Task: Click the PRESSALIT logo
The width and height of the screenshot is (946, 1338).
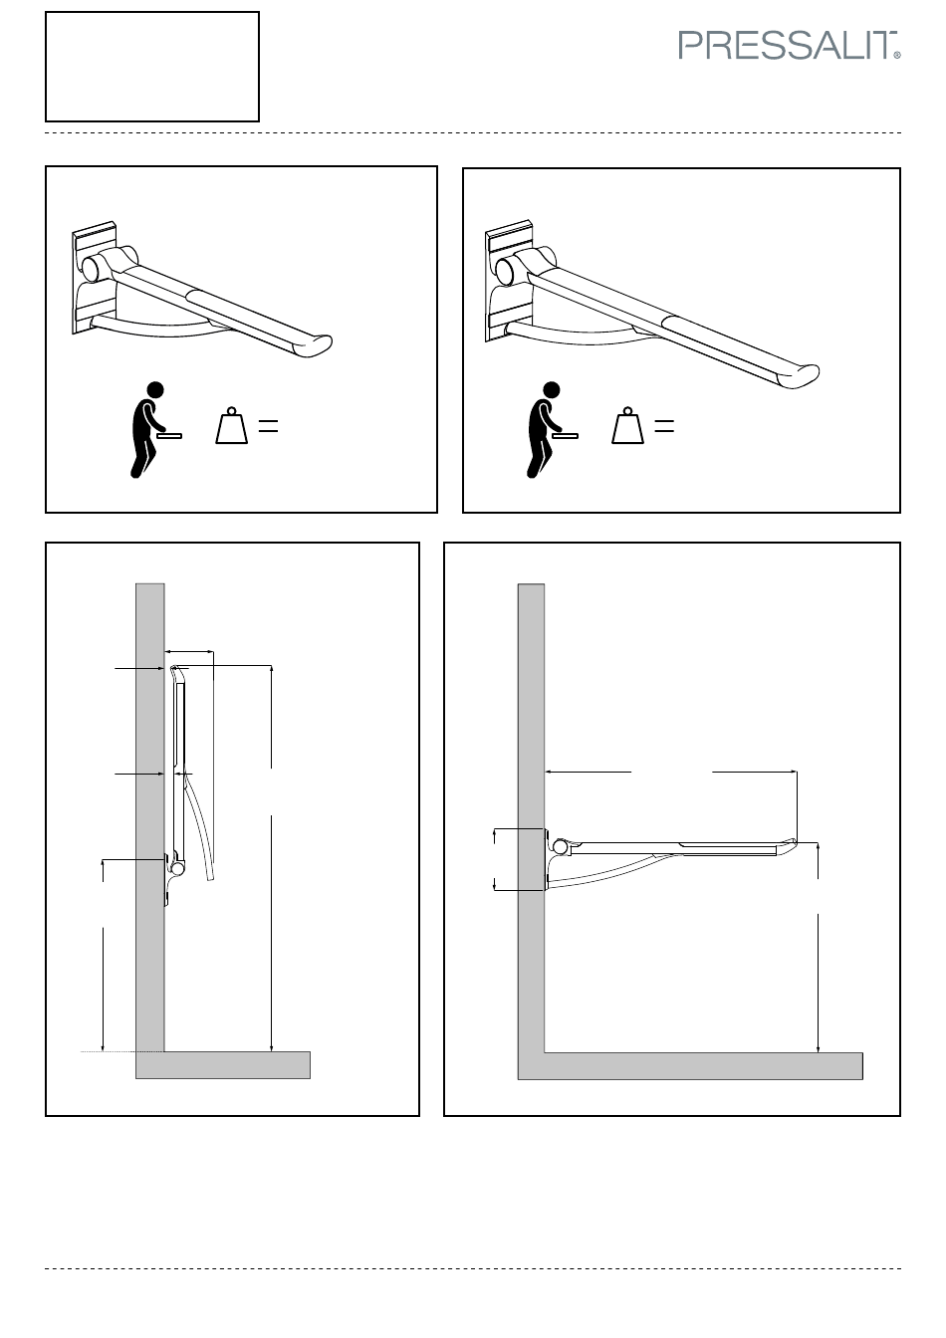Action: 789,46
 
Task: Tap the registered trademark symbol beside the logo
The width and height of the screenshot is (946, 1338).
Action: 897,55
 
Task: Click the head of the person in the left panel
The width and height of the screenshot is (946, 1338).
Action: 155,390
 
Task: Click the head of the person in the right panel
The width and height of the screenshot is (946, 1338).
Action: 552,390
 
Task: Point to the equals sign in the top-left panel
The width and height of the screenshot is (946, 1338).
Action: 268,426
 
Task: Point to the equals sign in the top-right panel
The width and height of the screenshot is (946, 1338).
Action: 664,426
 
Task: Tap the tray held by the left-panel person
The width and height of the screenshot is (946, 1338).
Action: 169,436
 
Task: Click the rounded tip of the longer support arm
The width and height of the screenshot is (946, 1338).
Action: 805,372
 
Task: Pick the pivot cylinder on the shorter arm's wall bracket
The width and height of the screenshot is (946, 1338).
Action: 94,267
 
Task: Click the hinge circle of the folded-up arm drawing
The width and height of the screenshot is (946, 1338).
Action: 177,868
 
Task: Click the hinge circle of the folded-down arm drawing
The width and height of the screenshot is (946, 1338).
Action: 560,846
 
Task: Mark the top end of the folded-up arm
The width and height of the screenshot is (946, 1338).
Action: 174,667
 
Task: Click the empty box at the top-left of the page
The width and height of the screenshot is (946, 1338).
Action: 152,67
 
